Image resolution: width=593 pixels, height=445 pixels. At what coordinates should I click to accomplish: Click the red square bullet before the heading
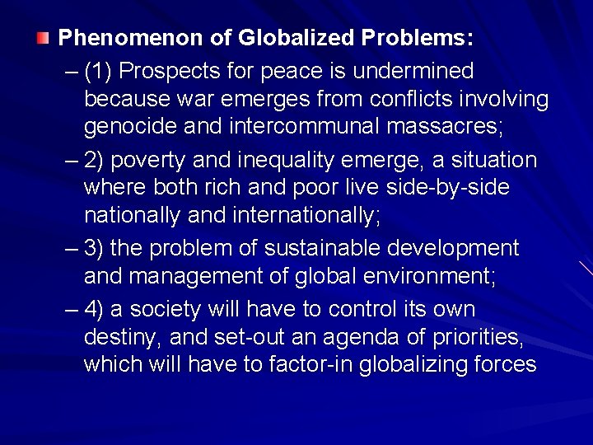coord(43,38)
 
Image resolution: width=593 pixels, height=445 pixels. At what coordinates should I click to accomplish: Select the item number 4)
coord(94,309)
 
